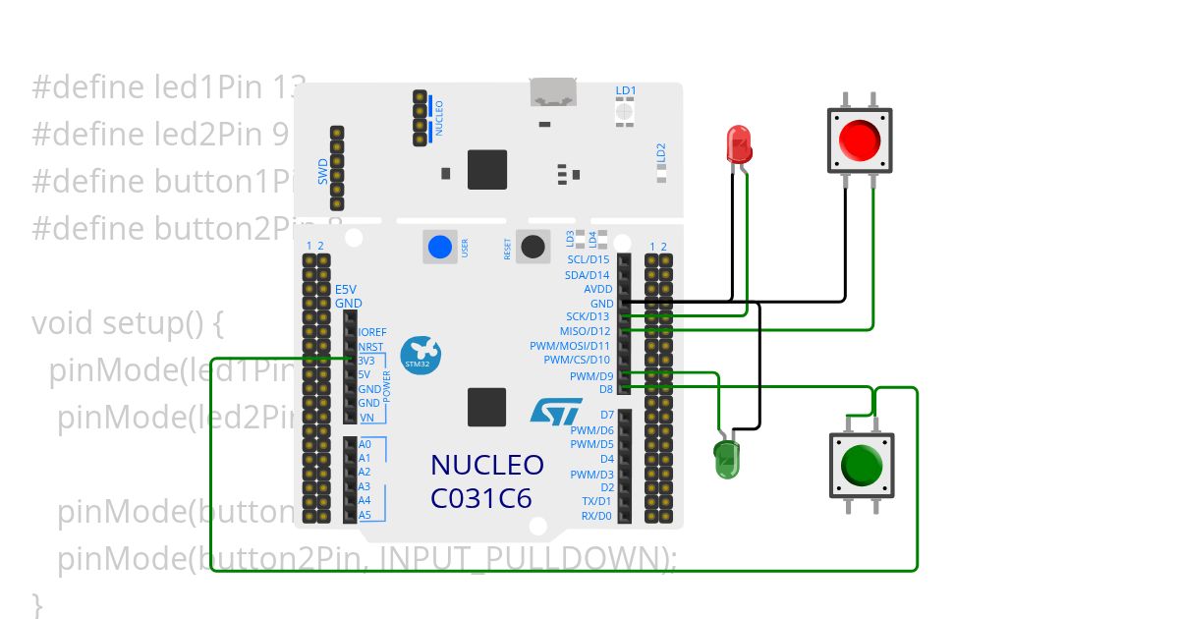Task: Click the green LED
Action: (726, 459)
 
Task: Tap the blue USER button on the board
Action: (440, 247)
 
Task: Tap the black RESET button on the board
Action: (533, 247)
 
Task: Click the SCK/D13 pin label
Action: (588, 317)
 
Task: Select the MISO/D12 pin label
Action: (585, 331)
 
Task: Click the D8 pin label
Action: (605, 389)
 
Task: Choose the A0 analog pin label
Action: (365, 444)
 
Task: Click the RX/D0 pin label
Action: (595, 515)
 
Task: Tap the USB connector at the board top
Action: (554, 92)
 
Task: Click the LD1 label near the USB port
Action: (626, 90)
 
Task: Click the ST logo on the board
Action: (556, 412)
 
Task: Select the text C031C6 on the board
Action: (481, 498)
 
